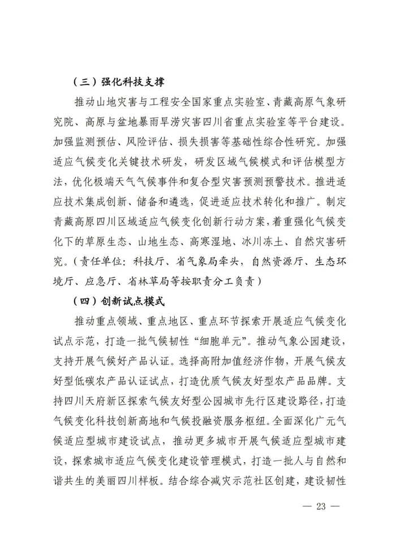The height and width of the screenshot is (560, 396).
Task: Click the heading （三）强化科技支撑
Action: pyautogui.click(x=118, y=82)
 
